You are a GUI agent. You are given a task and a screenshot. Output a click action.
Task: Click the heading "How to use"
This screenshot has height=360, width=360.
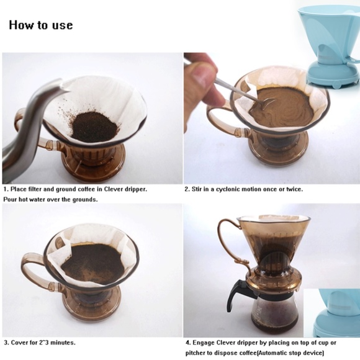(41, 25)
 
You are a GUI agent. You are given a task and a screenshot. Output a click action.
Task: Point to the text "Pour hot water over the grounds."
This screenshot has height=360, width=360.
(51, 199)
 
